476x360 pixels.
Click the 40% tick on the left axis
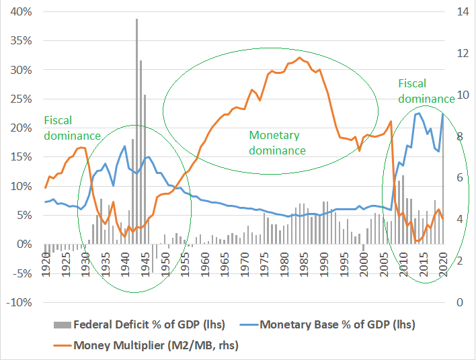tap(19, 11)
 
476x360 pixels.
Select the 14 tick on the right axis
tap(460, 11)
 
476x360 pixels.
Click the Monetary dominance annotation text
tap(277, 142)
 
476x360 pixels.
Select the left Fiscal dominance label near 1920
tap(72, 128)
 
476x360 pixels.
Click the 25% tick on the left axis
tap(19, 99)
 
